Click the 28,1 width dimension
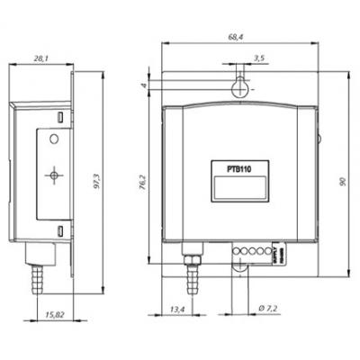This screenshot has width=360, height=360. (x=41, y=58)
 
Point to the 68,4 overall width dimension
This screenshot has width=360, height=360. (x=238, y=37)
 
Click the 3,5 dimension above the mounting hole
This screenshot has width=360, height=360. (x=260, y=58)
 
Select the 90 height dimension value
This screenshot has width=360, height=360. (x=344, y=183)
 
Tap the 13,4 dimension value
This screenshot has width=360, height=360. (x=176, y=310)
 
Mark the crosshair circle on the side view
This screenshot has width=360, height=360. (x=55, y=175)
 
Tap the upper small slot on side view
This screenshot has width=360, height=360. (x=60, y=117)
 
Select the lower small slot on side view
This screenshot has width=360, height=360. (x=60, y=232)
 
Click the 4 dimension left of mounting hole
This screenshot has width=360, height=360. (x=144, y=85)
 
